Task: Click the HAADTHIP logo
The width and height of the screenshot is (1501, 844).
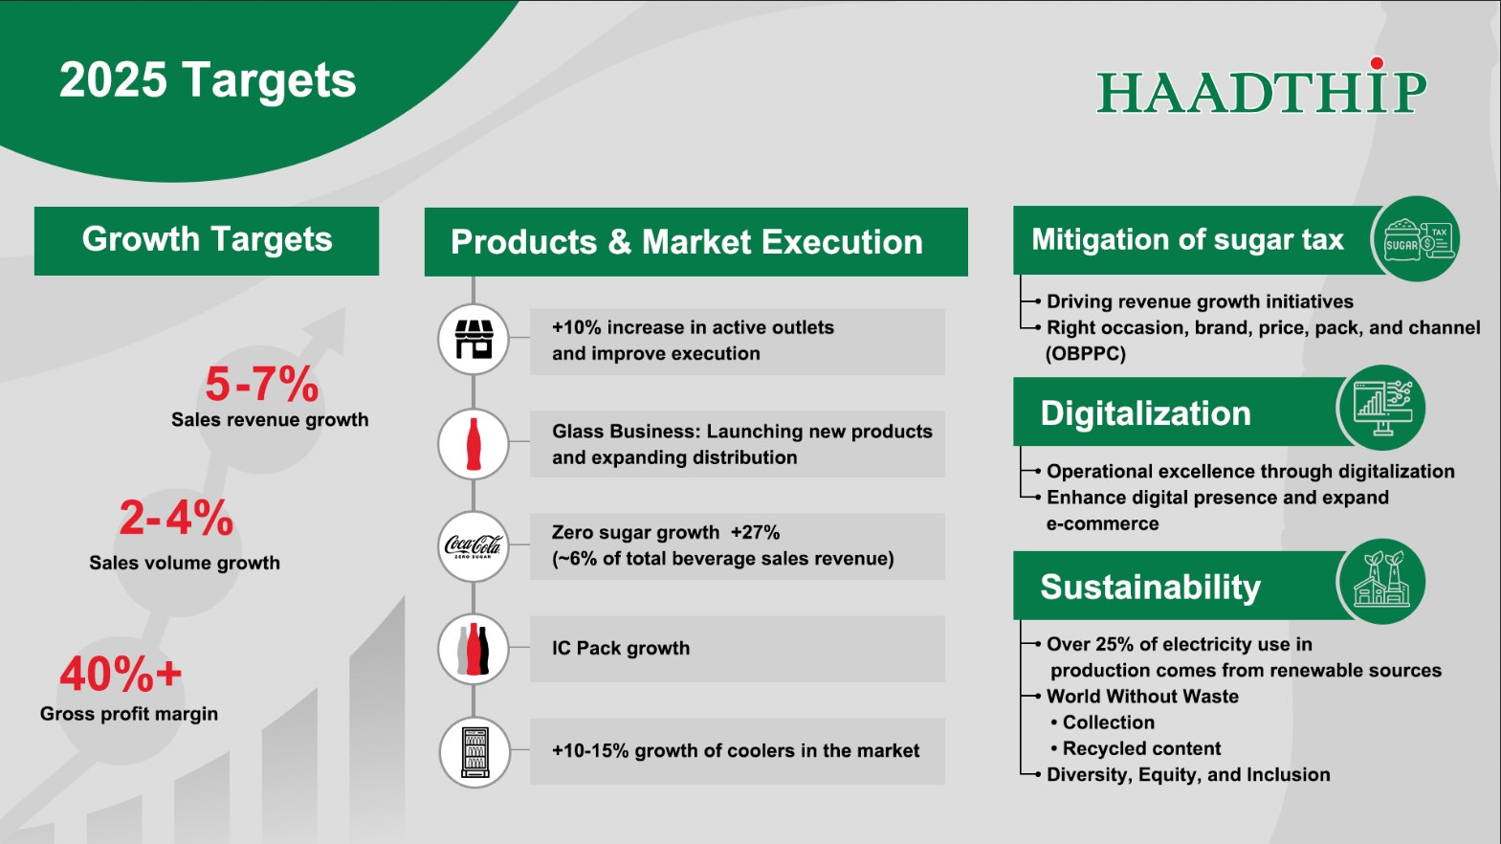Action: pos(1262,88)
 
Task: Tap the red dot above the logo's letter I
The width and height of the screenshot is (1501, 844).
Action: pos(1377,64)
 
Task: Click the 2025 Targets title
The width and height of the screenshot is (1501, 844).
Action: pos(208,80)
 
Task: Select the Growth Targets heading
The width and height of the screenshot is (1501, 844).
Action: pos(207,239)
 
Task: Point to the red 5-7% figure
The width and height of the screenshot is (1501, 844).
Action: pos(261,384)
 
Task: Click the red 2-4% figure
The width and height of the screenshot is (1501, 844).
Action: pos(176,519)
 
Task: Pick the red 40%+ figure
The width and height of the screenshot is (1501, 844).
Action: pos(121,674)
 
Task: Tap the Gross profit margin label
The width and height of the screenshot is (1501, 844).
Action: pos(129,714)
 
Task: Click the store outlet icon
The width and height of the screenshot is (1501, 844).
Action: pos(474,339)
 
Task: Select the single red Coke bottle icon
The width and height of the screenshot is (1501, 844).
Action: pos(474,444)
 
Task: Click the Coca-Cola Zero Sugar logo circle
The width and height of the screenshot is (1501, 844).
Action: pos(474,546)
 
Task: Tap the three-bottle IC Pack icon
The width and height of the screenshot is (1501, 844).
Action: pos(474,649)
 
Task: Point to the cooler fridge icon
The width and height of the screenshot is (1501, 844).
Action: pos(475,752)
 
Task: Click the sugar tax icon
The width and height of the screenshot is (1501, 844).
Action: pos(1417,238)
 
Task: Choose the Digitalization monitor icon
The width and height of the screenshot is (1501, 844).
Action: pos(1381,409)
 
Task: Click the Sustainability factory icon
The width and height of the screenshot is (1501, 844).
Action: pos(1381,581)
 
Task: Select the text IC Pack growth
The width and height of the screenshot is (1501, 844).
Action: pos(621,648)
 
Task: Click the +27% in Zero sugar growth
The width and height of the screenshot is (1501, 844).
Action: pos(755,532)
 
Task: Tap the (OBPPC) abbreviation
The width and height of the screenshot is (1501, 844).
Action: pos(1086,353)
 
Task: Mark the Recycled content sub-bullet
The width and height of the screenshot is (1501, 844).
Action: pos(1141,748)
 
